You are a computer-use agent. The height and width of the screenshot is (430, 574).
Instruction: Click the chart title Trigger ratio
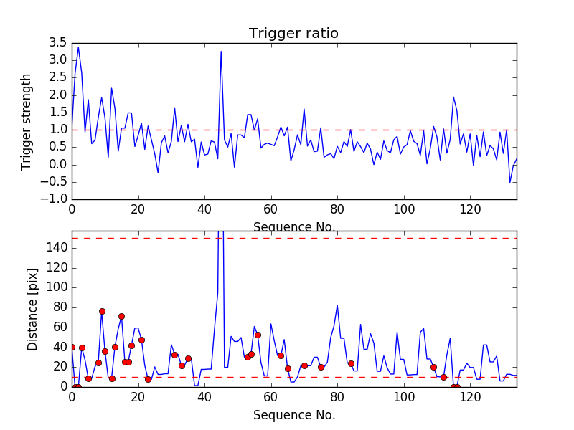pos(293,33)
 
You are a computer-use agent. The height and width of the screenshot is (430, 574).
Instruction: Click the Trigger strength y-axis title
pos(27,121)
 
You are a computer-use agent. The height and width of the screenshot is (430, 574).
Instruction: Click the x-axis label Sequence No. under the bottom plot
pos(293,414)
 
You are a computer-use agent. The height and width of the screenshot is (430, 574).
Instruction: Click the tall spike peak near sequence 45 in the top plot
pos(221,51)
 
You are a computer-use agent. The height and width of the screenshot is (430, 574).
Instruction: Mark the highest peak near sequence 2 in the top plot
pos(78,47)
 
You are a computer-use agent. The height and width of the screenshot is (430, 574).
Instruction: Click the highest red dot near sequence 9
pos(102,311)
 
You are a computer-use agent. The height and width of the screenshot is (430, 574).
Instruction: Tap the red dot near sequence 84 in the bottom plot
pos(351,363)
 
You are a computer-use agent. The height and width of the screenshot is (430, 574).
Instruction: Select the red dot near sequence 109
pos(433,367)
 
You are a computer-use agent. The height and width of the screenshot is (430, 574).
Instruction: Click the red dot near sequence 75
pos(321,367)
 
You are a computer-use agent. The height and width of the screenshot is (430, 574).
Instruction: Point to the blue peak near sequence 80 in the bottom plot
pos(337,305)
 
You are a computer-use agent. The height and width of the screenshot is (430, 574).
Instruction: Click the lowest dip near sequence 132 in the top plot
pos(510,182)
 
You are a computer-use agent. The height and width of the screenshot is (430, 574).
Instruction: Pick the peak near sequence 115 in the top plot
pos(453,97)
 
